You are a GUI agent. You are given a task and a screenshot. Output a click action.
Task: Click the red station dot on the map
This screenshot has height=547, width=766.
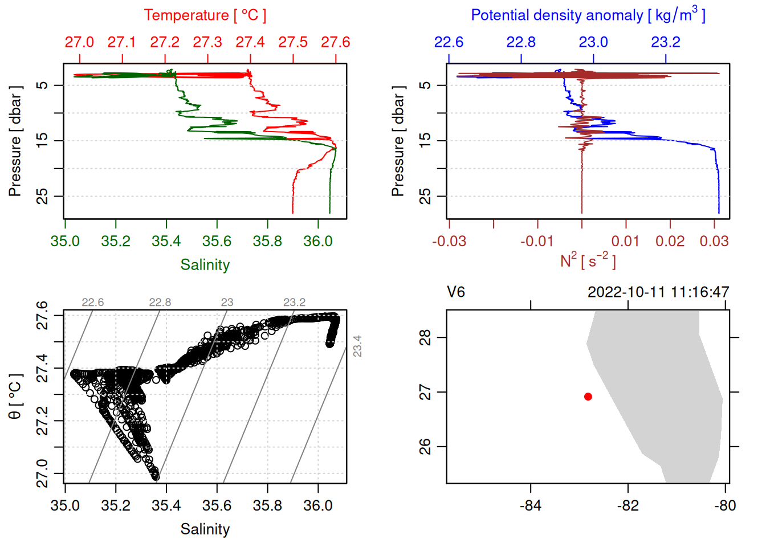point(588,397)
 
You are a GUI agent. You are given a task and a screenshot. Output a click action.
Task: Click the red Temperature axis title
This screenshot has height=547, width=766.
point(205,15)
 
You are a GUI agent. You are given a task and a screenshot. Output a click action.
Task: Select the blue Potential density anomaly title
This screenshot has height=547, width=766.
point(588,15)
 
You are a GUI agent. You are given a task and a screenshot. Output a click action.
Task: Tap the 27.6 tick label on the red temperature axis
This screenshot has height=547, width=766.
point(335,42)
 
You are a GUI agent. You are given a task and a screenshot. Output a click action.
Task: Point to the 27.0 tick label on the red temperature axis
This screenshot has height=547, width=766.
point(79,42)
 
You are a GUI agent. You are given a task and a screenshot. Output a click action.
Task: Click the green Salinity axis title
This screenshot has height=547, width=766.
point(205,265)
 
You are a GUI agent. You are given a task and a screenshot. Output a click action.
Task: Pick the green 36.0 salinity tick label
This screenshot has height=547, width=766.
point(317,241)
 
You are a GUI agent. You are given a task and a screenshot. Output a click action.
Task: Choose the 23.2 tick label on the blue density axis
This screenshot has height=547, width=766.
point(666,42)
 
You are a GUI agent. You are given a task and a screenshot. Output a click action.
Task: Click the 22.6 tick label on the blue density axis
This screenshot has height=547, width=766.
point(449,42)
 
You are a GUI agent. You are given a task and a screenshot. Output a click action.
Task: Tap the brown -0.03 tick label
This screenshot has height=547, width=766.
point(449,241)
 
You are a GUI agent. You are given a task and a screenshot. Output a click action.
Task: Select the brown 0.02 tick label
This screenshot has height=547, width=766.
point(670,241)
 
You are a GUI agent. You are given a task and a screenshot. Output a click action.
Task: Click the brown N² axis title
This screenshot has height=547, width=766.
point(588,260)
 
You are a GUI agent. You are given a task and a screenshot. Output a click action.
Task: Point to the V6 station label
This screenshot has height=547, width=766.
point(456,292)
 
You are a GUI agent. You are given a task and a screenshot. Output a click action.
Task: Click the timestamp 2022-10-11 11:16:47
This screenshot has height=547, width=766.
point(658,292)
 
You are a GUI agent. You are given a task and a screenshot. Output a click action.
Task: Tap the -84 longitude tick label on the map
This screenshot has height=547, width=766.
point(531,505)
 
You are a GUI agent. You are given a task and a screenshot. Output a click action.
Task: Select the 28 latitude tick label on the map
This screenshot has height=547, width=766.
point(425,337)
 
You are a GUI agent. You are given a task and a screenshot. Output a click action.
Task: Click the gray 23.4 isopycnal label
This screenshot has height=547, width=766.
point(357,346)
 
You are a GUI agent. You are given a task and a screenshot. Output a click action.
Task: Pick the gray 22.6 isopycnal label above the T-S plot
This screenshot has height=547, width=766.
point(93,302)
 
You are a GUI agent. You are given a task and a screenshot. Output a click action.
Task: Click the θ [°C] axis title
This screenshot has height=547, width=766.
point(15,397)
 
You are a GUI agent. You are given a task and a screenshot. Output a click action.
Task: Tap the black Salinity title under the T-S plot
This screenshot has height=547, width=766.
point(205,529)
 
